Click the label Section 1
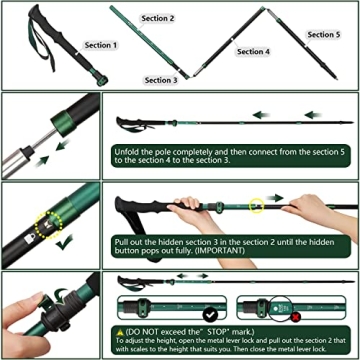100,45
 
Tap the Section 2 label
157,18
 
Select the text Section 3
161,80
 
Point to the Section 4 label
253,51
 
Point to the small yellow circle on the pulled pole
257,206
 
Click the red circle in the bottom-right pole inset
297,317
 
